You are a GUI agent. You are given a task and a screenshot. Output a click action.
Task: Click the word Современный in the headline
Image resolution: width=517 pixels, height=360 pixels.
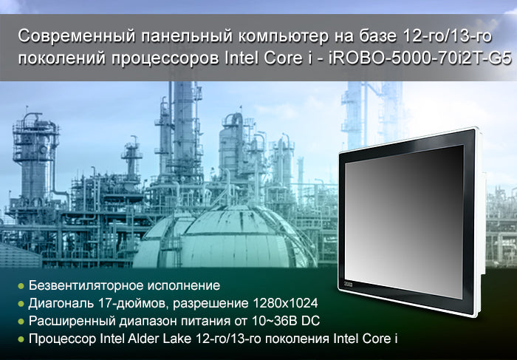point(77,36)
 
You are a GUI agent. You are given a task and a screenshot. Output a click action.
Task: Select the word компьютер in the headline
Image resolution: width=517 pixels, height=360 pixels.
point(284,37)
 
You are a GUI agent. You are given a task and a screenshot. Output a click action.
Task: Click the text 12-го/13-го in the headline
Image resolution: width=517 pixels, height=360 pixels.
point(447,36)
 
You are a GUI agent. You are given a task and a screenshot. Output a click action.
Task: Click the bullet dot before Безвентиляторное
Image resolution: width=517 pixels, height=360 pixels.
point(21,286)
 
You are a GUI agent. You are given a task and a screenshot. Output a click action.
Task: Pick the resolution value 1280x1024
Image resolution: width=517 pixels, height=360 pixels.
point(286,302)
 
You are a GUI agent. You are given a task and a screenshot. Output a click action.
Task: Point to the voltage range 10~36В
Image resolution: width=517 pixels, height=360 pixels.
point(275,321)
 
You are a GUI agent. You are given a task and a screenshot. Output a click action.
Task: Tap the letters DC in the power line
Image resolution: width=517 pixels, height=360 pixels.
point(311,321)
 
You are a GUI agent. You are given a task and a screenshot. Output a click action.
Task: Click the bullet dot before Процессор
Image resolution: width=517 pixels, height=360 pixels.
point(21,339)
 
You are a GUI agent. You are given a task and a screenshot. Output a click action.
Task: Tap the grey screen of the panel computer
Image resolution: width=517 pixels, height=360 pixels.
point(405,220)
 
